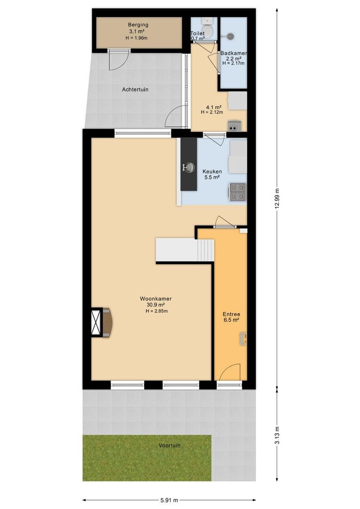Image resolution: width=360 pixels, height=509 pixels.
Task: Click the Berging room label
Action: pos(138,25)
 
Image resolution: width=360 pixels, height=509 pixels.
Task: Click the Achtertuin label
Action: pos(135,89)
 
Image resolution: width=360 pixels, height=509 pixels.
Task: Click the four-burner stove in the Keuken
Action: pos(238,192)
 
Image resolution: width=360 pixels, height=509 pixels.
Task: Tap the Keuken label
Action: pos(213,172)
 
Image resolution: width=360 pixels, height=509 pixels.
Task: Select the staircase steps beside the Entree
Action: pos(205,250)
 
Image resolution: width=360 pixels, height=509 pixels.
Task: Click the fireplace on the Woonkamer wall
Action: pos(102,323)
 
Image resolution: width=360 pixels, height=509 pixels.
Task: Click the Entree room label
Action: pos(231,314)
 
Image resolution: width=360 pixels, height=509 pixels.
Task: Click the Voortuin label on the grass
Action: pos(170,445)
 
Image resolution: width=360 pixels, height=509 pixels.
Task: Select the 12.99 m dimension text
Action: pos(277,199)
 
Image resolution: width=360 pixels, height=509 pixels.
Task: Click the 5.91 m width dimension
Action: pos(169,500)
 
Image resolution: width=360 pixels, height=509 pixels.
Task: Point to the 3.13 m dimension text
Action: pos(277,435)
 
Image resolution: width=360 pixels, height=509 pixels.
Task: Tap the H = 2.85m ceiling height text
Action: pos(156,311)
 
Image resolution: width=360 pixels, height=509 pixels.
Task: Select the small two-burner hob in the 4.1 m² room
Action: pos(234,126)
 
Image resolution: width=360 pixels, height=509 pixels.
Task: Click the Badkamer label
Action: pos(234,53)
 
